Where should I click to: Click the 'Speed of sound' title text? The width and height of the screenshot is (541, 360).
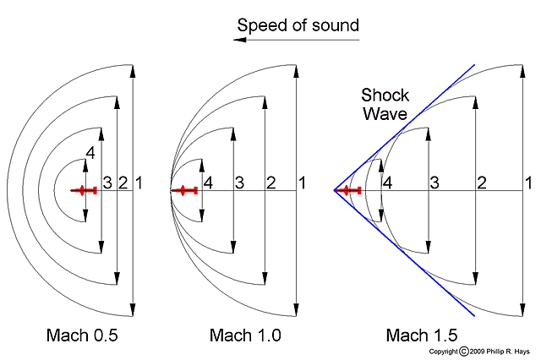[x=298, y=25]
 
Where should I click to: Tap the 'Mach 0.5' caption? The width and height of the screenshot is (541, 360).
[x=82, y=335]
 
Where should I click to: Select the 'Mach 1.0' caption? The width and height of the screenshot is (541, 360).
[x=245, y=335]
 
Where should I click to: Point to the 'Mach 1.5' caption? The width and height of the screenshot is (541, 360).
[x=422, y=335]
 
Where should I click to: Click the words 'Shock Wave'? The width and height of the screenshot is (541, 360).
[x=385, y=103]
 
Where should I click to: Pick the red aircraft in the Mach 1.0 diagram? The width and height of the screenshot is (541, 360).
[x=185, y=191]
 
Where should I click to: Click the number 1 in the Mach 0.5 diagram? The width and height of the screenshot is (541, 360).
[x=139, y=182]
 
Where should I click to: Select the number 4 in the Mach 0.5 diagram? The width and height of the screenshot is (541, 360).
[x=90, y=153]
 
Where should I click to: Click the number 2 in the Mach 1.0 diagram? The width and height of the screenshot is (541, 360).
[x=271, y=182]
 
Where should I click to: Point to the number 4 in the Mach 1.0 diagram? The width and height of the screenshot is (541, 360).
[x=207, y=182]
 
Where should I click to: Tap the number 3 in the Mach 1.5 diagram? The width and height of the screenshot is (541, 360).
[x=434, y=182]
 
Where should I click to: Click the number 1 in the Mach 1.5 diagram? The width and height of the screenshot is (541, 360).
[x=528, y=182]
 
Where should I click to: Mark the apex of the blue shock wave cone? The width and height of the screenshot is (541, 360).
[x=334, y=190]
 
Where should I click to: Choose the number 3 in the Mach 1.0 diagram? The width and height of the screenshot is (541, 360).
[x=239, y=182]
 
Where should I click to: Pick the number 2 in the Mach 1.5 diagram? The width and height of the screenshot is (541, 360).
[x=481, y=182]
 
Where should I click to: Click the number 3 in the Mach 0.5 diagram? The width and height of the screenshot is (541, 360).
[x=107, y=182]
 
